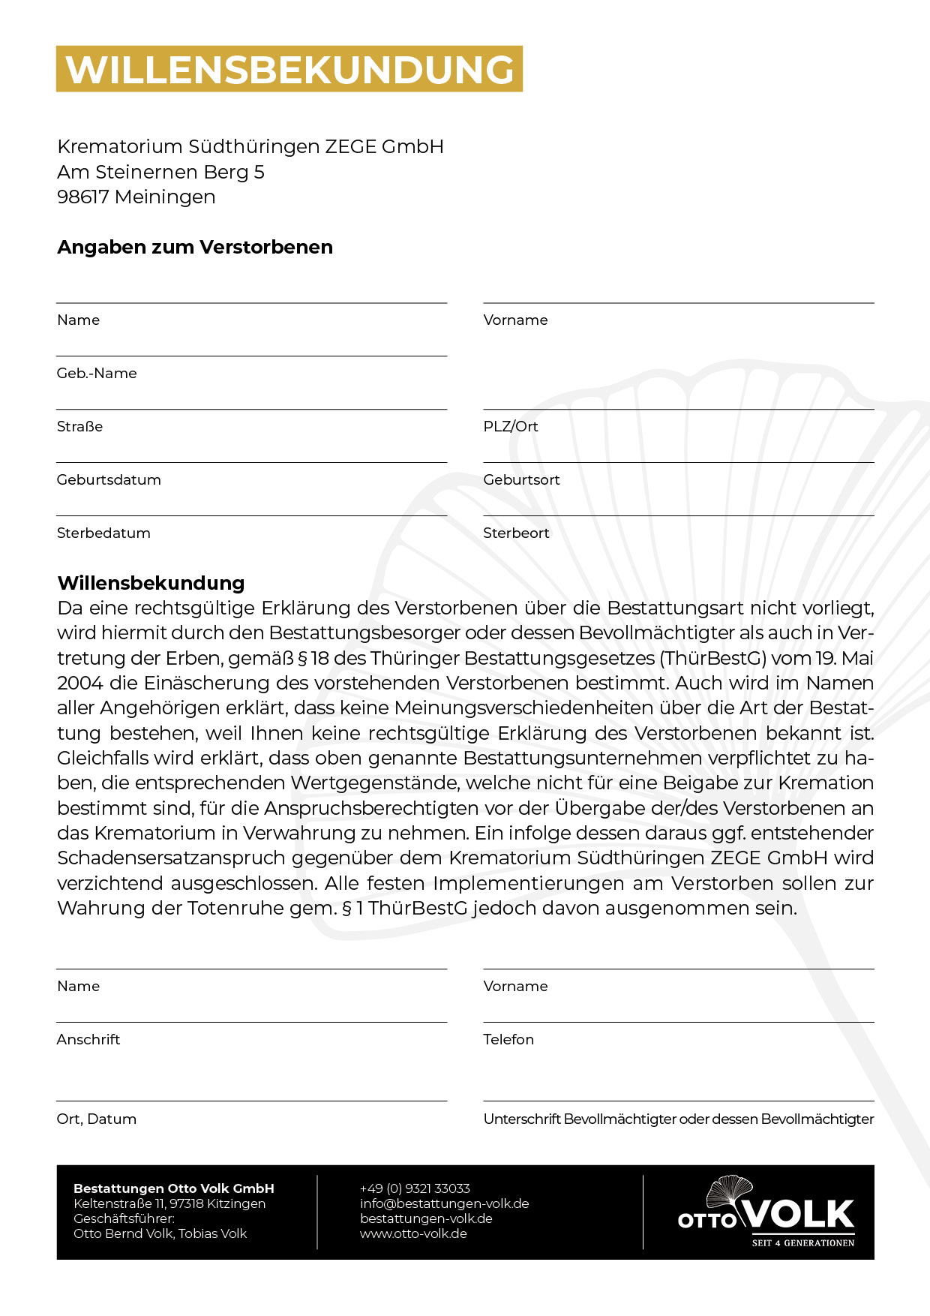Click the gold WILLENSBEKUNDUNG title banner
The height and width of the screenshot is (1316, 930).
coord(289,69)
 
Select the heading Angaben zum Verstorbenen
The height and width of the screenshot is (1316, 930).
coord(195,247)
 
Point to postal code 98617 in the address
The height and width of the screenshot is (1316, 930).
coord(83,197)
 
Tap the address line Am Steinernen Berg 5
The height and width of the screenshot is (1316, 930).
coord(160,172)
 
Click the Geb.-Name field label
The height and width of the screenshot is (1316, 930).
coord(97,373)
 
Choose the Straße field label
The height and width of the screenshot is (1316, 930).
coord(79,426)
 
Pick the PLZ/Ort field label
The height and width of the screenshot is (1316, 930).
coord(511,426)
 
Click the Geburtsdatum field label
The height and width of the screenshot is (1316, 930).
coord(109,479)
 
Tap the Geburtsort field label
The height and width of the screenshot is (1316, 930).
coord(521,479)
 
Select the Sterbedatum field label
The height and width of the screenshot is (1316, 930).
coord(103,533)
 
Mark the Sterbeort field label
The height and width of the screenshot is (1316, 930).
coord(516,533)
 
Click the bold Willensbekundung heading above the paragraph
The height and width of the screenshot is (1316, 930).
coord(151,583)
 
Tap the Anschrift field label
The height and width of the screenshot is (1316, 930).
coord(88,1039)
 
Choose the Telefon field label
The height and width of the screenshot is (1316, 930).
coord(508,1039)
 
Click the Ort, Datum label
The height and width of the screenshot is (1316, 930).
coord(97,1119)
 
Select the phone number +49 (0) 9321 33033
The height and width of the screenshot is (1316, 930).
coord(415,1188)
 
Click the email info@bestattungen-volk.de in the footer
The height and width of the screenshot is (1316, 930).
coord(444,1203)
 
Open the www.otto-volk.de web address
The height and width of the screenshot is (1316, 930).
coord(413,1233)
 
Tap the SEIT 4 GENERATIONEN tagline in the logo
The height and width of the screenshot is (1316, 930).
coord(803,1243)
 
